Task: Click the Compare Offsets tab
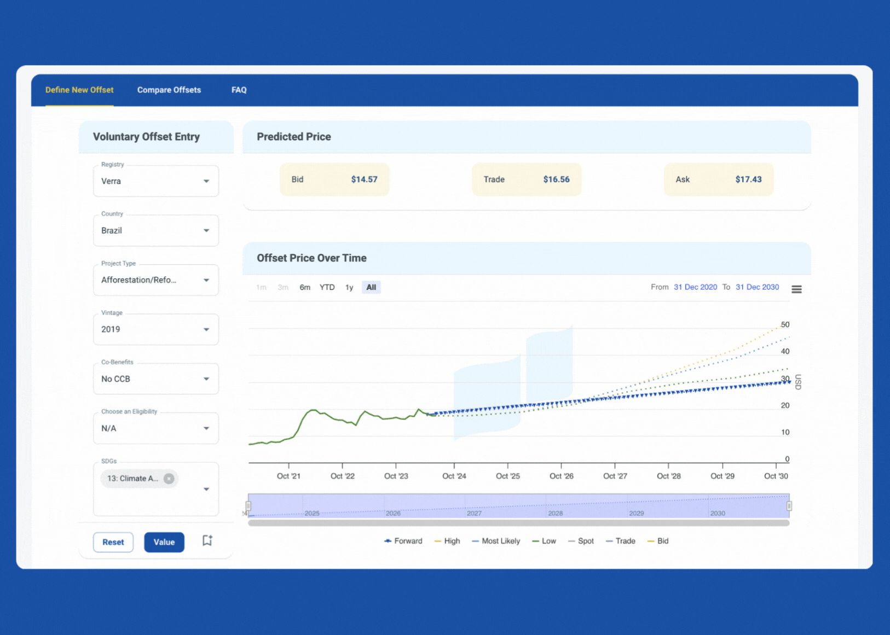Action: [x=169, y=90]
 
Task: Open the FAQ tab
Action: [x=239, y=90]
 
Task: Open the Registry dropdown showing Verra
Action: [x=156, y=181]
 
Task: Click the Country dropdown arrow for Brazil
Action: [x=206, y=230]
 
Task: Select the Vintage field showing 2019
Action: [x=156, y=329]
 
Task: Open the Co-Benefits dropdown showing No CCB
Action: [x=156, y=379]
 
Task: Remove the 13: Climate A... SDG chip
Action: [x=169, y=479]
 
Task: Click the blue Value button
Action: [x=164, y=542]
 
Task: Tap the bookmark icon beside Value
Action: [x=207, y=540]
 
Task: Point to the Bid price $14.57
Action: [x=364, y=179]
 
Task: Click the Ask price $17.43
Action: [x=748, y=179]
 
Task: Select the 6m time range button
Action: [x=305, y=287]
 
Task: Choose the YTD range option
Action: [x=327, y=287]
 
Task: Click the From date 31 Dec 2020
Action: [x=695, y=287]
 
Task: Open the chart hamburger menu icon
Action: [x=796, y=289]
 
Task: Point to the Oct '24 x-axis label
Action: [x=454, y=476]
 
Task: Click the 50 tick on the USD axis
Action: [x=785, y=324]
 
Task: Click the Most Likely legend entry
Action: [x=496, y=541]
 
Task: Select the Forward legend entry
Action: [x=403, y=541]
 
